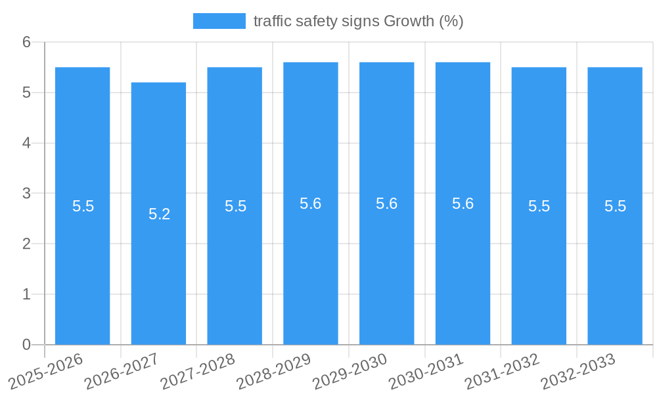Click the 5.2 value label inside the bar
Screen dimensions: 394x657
click(159, 214)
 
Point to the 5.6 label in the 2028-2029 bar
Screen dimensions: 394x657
click(310, 204)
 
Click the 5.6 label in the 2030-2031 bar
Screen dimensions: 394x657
click(463, 204)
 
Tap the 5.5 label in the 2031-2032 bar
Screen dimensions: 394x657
click(539, 206)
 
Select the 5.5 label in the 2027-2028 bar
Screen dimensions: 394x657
click(235, 206)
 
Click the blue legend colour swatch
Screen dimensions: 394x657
click(219, 21)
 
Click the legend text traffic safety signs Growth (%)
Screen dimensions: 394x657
click(358, 21)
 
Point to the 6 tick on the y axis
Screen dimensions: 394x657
click(27, 42)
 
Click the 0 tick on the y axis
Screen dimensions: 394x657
click(27, 345)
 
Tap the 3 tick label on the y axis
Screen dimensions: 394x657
click(27, 194)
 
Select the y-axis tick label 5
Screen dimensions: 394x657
click(27, 93)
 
